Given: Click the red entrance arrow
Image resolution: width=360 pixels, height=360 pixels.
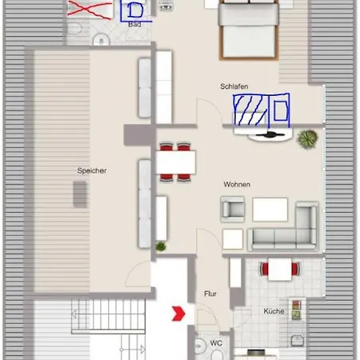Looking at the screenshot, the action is [178, 314].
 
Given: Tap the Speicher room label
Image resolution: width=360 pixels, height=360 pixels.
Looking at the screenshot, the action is [92, 170].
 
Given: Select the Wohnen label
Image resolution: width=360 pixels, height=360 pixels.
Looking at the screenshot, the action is [237, 184].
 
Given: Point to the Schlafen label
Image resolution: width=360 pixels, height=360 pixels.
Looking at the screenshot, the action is [234, 86].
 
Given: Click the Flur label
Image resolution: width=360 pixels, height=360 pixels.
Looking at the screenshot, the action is [210, 294].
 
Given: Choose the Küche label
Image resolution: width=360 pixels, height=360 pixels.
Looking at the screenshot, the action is [274, 311].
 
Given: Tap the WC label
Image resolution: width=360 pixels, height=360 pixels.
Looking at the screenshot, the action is [216, 343].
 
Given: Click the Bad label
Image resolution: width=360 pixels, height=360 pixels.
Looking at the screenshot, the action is [134, 25].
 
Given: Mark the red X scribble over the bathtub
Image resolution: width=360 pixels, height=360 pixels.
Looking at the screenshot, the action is [89, 10].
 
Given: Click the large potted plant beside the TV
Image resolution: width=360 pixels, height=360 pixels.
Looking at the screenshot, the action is [307, 139].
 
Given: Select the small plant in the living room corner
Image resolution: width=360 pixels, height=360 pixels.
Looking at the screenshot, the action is [161, 246].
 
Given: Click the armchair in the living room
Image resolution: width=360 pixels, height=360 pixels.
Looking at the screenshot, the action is [233, 210].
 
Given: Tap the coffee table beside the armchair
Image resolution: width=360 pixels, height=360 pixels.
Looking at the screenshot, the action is [270, 210].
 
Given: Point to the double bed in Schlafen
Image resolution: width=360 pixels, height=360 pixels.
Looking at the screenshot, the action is [249, 30].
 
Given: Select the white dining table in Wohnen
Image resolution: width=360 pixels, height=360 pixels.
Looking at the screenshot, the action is [176, 162].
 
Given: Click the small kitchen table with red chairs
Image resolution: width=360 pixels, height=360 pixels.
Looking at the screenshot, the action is [280, 269].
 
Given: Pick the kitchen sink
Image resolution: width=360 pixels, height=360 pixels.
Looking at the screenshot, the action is [297, 341].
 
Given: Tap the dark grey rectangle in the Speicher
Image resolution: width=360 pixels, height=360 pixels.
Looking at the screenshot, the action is [80, 194].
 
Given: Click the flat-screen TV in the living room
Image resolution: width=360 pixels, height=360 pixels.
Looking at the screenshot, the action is [270, 135].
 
